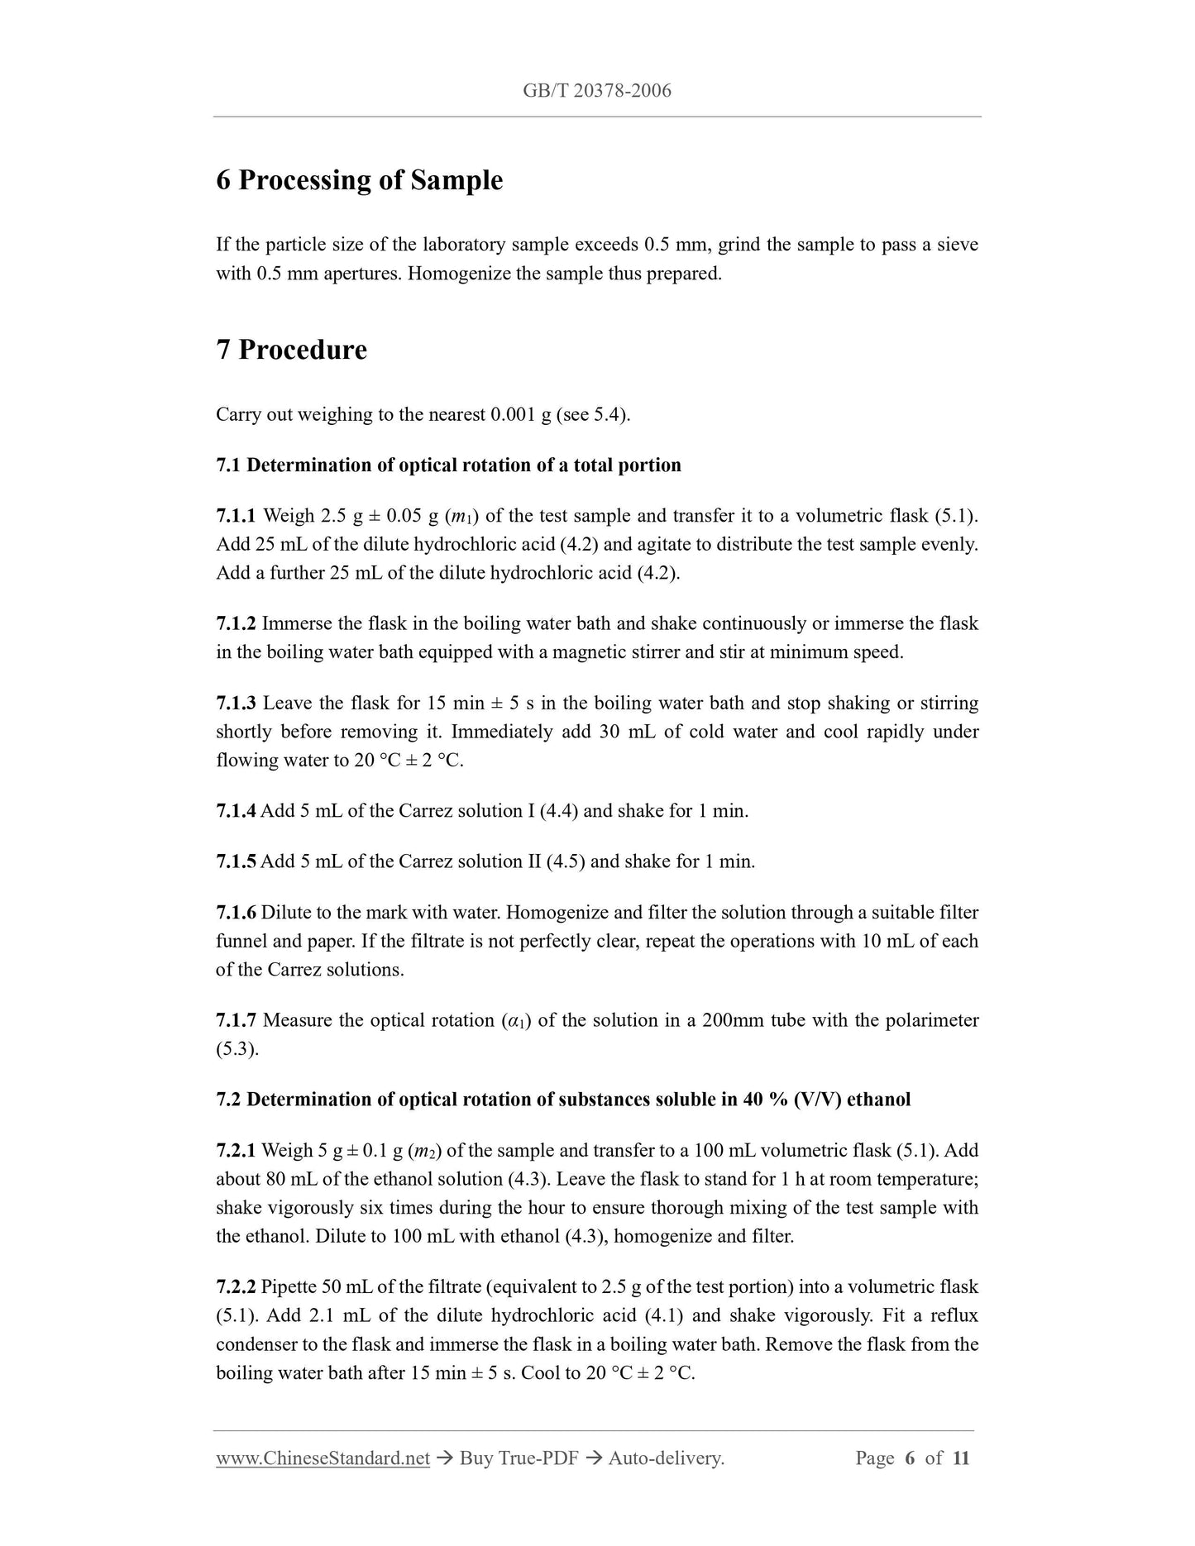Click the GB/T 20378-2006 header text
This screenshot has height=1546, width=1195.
(x=597, y=91)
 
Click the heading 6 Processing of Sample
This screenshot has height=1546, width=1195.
(x=359, y=180)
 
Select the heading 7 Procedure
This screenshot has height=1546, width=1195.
(x=291, y=350)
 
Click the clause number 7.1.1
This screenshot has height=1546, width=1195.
(x=237, y=516)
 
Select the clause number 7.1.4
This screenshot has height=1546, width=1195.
(x=237, y=811)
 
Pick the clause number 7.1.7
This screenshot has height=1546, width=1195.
(x=237, y=1020)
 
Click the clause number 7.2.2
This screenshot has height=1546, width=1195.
(x=237, y=1286)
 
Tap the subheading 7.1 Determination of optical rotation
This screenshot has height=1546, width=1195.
(x=448, y=465)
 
